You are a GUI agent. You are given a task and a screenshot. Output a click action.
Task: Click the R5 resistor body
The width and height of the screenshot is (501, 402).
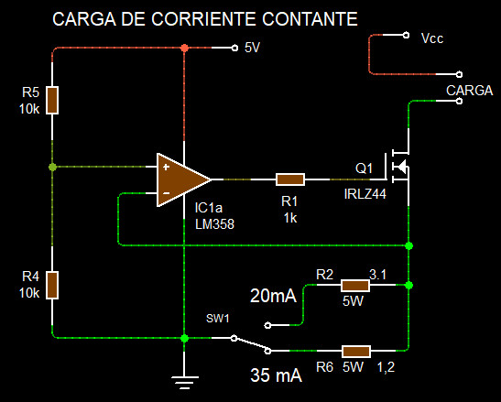tap(52, 100)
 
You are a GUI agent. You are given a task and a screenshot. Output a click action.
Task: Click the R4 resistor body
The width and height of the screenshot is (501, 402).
tap(52, 286)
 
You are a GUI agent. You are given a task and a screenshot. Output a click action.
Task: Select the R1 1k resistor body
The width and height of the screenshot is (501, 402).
tap(290, 179)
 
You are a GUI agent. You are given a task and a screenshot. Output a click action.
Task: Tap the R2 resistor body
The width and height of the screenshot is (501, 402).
tap(355, 286)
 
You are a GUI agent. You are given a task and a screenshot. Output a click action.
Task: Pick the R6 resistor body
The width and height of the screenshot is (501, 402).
tap(356, 352)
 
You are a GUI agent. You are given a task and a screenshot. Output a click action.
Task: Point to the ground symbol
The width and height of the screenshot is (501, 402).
tap(184, 383)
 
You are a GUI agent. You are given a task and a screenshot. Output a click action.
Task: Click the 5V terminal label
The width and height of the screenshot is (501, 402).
tap(252, 48)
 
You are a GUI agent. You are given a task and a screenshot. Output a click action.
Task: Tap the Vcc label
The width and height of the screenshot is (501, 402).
tap(432, 38)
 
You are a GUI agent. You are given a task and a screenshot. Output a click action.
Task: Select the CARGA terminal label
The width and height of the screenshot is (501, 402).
tap(469, 91)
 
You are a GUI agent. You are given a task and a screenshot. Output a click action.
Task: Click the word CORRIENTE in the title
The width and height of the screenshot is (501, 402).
tap(203, 19)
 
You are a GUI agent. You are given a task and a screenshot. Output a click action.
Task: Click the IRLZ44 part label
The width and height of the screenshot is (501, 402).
tap(365, 194)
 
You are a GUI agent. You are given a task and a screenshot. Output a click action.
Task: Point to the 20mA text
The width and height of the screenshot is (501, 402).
tap(274, 296)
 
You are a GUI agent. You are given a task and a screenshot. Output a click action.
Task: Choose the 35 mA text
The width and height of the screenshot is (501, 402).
tap(276, 375)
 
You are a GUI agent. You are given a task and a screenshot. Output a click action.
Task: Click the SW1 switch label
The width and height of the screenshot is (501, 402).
tap(218, 319)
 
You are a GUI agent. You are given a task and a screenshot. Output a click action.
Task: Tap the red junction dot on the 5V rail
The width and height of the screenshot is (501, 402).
tap(184, 48)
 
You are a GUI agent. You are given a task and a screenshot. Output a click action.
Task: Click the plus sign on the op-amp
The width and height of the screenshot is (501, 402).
tap(166, 167)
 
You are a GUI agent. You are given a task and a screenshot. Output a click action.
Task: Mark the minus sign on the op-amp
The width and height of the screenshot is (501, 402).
tap(166, 193)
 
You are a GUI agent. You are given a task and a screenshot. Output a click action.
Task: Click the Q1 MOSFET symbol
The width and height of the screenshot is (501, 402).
tap(398, 166)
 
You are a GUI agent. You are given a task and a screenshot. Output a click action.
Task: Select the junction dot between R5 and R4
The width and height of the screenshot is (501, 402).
tap(53, 167)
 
